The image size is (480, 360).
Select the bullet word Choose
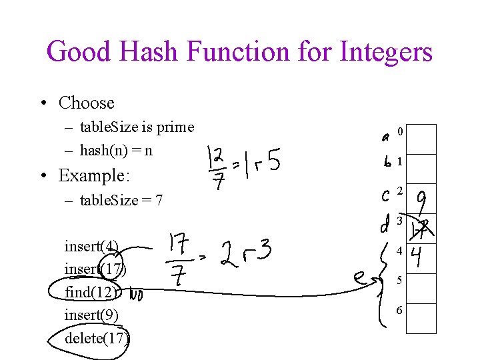(x=87, y=103)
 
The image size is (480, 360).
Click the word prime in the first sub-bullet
(x=175, y=127)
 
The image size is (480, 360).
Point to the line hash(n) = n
(x=116, y=150)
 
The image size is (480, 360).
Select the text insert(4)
(x=91, y=247)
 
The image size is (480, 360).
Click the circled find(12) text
(x=91, y=292)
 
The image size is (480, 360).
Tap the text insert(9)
(x=91, y=315)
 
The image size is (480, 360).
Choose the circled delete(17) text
(x=97, y=337)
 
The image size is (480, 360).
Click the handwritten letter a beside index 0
(x=386, y=137)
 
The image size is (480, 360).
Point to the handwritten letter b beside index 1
(x=387, y=162)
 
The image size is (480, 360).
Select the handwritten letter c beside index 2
(x=385, y=195)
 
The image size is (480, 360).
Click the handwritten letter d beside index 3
(x=385, y=225)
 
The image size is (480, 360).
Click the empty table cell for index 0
(x=421, y=139)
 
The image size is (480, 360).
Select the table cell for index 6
(x=421, y=318)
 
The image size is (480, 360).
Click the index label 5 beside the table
(x=399, y=281)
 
